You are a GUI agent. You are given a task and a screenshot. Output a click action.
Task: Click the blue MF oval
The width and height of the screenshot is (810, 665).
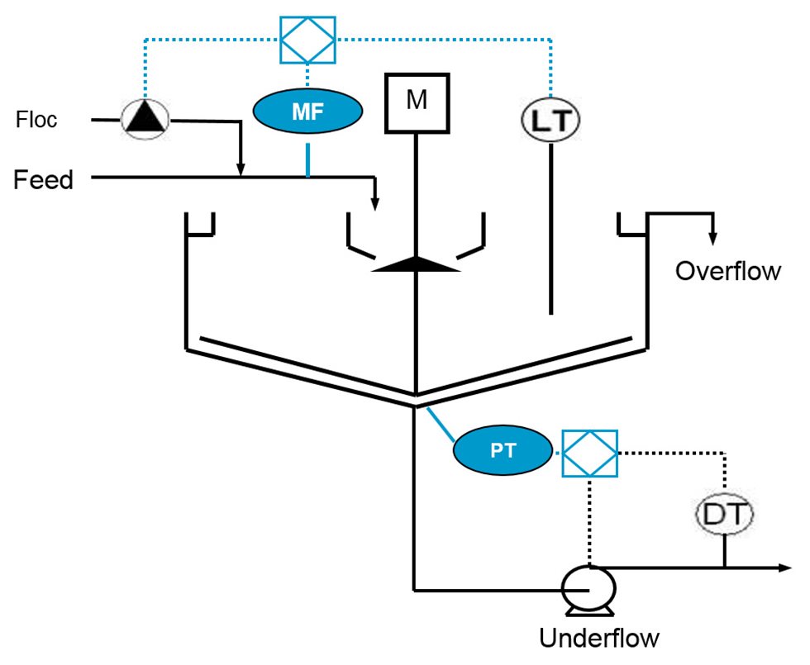click(307, 112)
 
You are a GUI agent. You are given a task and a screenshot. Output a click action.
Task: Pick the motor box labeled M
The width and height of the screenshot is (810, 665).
click(416, 102)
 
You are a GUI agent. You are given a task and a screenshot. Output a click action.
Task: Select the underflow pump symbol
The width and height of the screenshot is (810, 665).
click(588, 587)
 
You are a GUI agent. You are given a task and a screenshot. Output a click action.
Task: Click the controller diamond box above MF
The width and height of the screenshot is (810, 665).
click(307, 39)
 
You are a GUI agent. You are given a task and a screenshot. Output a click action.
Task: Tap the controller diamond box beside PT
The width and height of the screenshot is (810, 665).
click(589, 453)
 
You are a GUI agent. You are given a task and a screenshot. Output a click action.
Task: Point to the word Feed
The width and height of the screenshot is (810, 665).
click(43, 179)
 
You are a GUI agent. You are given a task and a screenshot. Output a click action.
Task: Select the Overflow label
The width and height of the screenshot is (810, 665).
click(727, 271)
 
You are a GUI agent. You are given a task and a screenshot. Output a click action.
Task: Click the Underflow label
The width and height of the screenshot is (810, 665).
click(599, 638)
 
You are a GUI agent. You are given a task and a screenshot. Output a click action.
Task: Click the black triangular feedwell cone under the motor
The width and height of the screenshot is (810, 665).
click(415, 264)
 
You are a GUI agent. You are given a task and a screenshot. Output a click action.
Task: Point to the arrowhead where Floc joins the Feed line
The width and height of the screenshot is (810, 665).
click(240, 170)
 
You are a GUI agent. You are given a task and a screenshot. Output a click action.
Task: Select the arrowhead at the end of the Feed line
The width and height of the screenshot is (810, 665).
click(375, 203)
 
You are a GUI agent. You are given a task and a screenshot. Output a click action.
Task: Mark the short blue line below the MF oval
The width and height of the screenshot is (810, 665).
click(308, 159)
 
